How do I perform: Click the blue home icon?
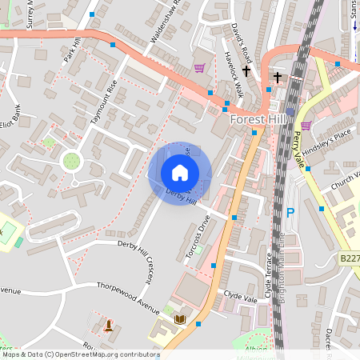point(180,172)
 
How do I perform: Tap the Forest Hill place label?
point(258,118)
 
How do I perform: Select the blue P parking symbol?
point(290,214)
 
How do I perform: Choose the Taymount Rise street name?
point(103,102)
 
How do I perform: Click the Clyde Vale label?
point(240,297)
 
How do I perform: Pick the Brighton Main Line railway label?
point(282,264)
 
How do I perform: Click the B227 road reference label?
point(349,258)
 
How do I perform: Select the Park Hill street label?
point(73,50)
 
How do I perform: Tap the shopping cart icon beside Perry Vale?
point(306,125)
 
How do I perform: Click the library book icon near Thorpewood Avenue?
point(180,320)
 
